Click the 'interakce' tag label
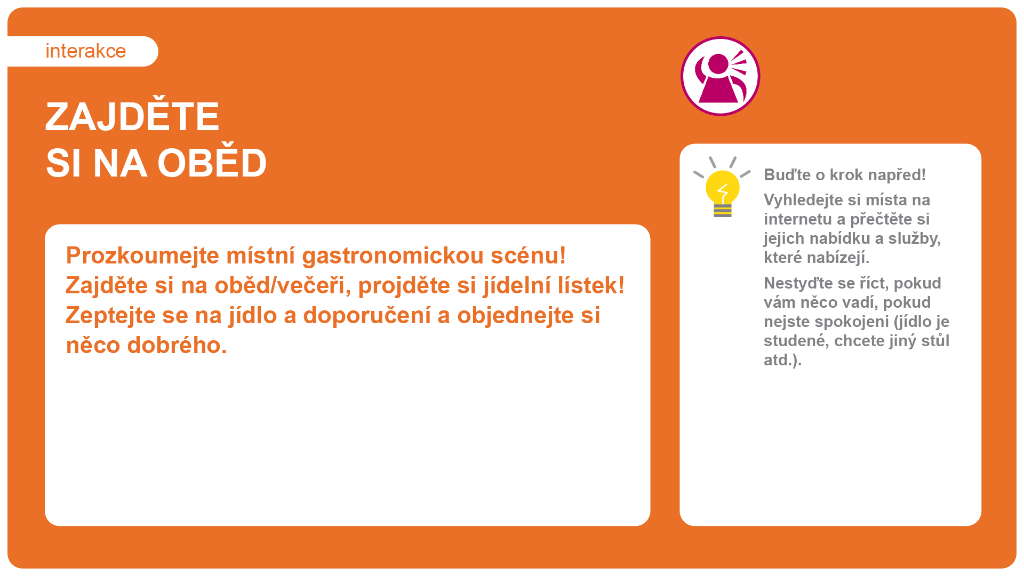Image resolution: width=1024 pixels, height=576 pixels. tap(86, 51)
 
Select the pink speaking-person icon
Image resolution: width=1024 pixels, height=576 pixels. tap(720, 76)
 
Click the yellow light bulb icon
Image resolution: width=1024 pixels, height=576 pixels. tap(722, 187)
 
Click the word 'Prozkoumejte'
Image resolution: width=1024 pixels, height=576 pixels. tap(142, 256)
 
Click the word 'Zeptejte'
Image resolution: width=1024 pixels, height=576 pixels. tap(111, 316)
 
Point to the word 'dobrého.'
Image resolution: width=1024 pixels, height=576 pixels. tap(177, 345)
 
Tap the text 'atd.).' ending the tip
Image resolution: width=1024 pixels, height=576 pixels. tap(782, 361)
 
